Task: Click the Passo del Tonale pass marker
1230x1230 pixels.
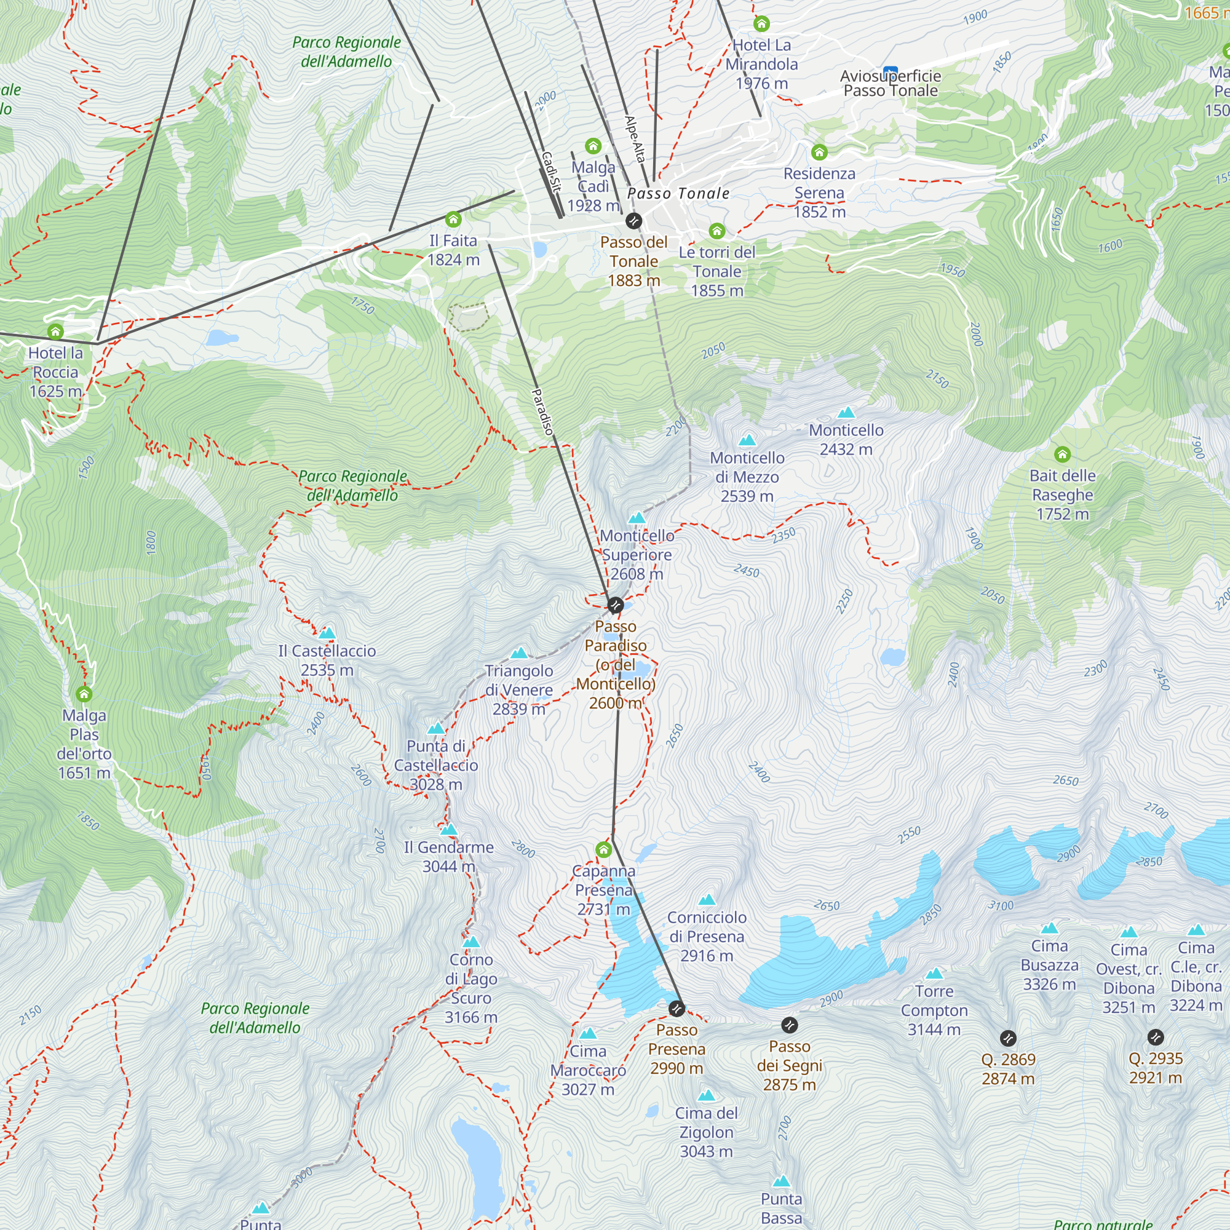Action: click(x=633, y=221)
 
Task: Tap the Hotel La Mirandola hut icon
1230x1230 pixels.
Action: click(x=761, y=24)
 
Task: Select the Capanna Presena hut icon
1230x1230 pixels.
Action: click(x=603, y=850)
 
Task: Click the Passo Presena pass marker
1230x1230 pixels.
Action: click(x=676, y=1009)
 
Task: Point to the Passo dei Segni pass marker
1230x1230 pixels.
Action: click(x=790, y=1025)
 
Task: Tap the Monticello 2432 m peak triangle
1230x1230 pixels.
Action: click(x=846, y=413)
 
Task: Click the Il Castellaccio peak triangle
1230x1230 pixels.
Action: click(x=327, y=633)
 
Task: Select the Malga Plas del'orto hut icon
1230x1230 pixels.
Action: click(x=84, y=694)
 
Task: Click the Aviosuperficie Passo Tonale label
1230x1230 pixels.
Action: click(x=890, y=84)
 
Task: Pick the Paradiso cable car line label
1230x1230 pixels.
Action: click(x=542, y=412)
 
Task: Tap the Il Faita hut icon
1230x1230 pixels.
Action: click(x=453, y=220)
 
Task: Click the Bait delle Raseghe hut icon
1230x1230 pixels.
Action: click(x=1062, y=454)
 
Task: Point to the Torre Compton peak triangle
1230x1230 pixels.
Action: click(x=934, y=974)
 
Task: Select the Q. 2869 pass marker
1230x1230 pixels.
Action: click(x=1008, y=1038)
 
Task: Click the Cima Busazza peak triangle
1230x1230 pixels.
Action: click(x=1049, y=928)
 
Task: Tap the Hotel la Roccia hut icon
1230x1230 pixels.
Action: click(x=55, y=331)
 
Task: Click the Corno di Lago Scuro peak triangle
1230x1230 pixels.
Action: click(x=471, y=942)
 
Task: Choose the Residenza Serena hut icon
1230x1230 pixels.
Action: click(x=819, y=152)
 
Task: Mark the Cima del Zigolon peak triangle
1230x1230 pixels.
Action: click(x=706, y=1096)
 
